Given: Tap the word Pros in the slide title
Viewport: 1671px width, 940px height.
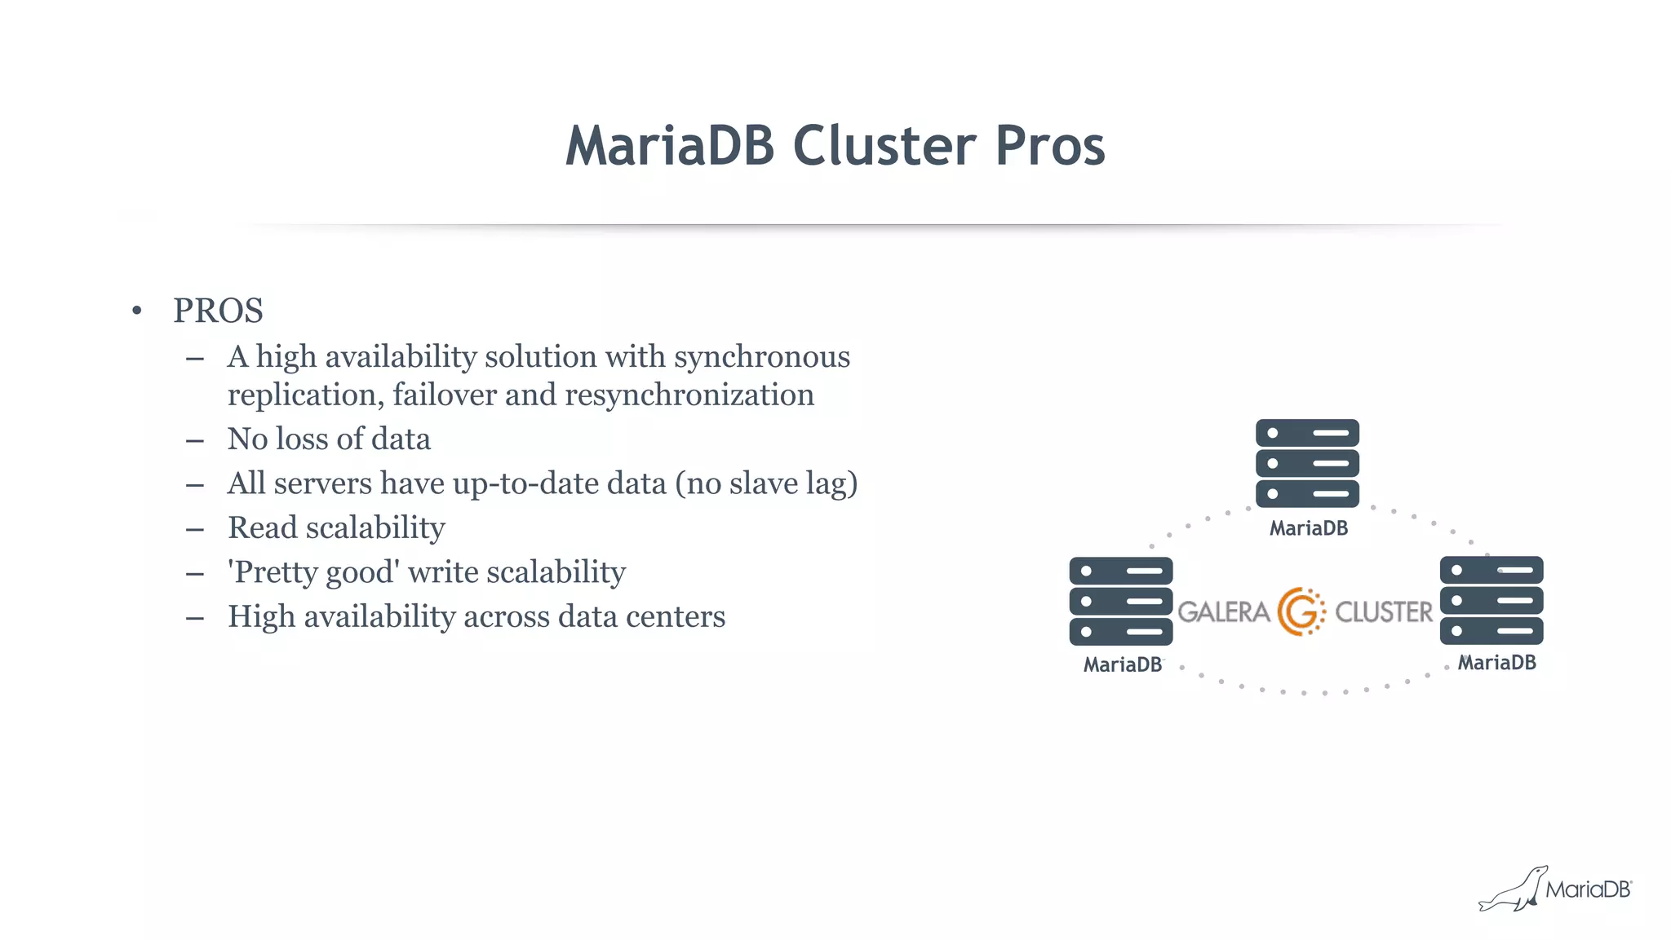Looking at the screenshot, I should (1050, 147).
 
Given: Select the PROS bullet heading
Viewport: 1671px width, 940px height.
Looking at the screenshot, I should (218, 311).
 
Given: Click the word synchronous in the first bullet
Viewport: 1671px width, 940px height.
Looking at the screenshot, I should (761, 357).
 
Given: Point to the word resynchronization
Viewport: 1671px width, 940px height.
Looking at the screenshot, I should (689, 395).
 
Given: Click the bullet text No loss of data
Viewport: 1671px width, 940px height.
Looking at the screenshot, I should (329, 439).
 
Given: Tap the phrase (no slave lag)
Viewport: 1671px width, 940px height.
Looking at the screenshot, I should (766, 483).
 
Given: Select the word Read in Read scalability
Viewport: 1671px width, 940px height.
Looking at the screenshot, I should (262, 527).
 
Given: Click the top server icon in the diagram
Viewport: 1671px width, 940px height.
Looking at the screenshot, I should (1307, 463).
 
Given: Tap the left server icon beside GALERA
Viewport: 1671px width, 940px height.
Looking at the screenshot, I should (1120, 601).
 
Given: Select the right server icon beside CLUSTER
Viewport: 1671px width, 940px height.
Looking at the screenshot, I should (1491, 600).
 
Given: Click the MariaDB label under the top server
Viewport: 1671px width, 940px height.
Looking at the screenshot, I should (1308, 528).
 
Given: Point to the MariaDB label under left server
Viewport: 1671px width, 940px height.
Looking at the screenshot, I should (1122, 664).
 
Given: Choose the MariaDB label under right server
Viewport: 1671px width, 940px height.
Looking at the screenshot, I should (1496, 662).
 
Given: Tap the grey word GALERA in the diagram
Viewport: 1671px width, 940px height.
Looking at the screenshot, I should (1223, 611).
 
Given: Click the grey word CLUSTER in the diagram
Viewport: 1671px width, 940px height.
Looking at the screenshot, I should (1383, 611).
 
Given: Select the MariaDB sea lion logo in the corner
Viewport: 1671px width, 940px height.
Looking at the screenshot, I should (1514, 889).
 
